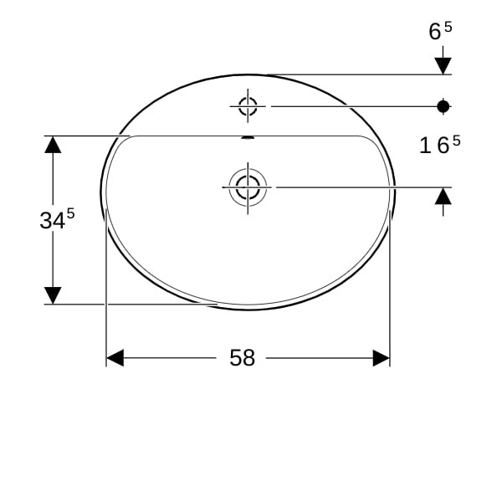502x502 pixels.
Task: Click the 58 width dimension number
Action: (243, 357)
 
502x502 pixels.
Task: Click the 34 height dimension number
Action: (53, 221)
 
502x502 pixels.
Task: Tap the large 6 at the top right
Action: (435, 32)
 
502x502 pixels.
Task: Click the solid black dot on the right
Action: (443, 106)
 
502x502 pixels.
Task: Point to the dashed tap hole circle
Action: (248, 106)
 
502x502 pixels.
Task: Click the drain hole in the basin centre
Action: (248, 187)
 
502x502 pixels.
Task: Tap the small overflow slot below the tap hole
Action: (248, 138)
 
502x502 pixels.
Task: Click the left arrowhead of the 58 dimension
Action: (115, 358)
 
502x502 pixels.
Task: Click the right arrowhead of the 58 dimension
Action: (382, 358)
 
